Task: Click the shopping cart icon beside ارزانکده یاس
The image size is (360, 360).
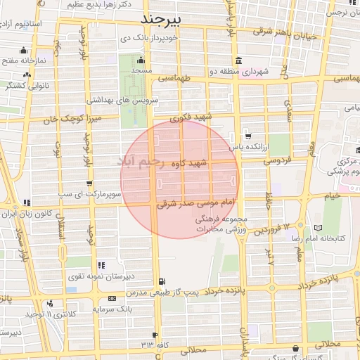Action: coord(247,136)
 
